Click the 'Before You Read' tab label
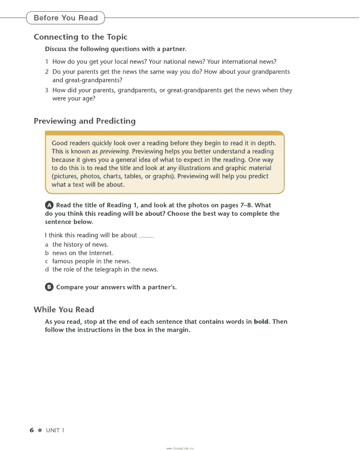coord(66,18)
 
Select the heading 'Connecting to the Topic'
coord(80,37)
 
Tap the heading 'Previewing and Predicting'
coord(85,121)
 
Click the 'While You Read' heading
coord(64,309)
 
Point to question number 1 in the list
coord(47,62)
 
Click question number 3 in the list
coord(47,90)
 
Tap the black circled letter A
coord(49,205)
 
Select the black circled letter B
coord(49,287)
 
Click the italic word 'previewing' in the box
coord(115,151)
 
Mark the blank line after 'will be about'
coord(146,236)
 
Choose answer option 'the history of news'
coord(80,244)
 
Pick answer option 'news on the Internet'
coord(83,253)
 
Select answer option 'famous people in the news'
coord(91,261)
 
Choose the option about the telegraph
coord(105,269)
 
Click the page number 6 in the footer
coord(32,430)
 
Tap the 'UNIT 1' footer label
coord(55,430)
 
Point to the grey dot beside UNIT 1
coord(40,430)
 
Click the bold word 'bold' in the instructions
coord(261,322)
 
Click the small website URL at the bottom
coord(180,448)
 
